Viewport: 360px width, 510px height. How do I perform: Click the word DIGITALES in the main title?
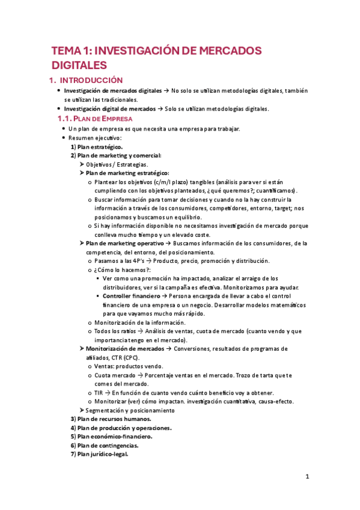click(x=79, y=64)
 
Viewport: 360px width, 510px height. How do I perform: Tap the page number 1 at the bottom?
click(x=307, y=477)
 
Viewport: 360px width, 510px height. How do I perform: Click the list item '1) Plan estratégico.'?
click(x=96, y=147)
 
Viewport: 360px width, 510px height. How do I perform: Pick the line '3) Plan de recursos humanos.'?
click(x=111, y=419)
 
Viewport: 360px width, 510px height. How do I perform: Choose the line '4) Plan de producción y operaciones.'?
click(x=121, y=428)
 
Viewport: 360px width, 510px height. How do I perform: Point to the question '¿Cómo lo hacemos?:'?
click(x=123, y=270)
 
